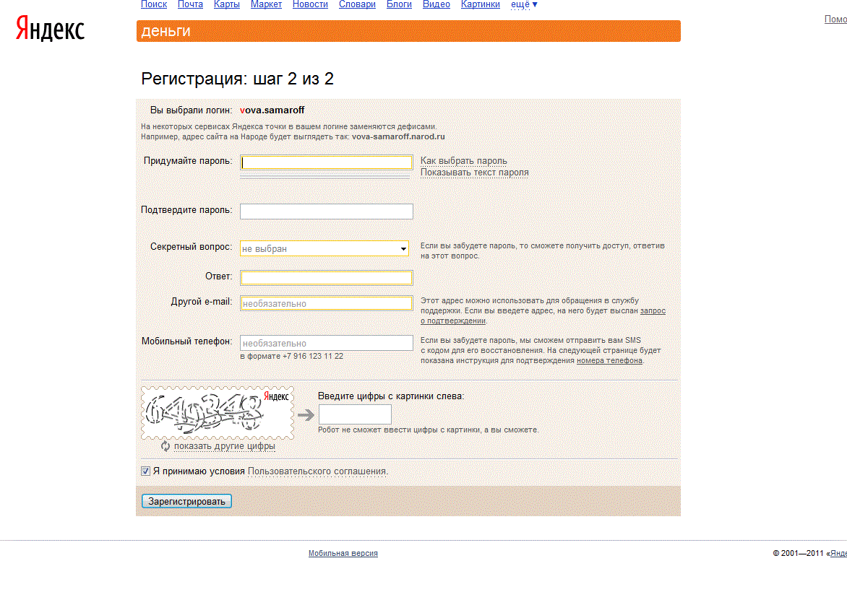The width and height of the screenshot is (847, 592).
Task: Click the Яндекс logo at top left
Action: (x=51, y=29)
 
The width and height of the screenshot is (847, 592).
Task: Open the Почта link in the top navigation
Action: (x=190, y=4)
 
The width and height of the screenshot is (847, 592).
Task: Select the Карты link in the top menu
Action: (x=227, y=4)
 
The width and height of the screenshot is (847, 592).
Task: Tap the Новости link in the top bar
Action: (x=310, y=4)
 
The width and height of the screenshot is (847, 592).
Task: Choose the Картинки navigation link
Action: (x=480, y=4)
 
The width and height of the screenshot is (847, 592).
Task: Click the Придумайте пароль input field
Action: (x=327, y=162)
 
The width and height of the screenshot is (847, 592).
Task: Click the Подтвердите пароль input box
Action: (x=327, y=212)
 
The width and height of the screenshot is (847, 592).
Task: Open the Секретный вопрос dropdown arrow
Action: (x=403, y=249)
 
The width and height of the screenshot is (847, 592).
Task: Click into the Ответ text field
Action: (x=327, y=278)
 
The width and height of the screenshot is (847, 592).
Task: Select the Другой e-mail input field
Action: (x=327, y=304)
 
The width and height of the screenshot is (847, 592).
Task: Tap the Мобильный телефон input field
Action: (x=327, y=343)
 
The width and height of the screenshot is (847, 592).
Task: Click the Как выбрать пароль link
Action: (x=464, y=161)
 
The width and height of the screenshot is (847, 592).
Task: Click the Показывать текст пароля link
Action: (x=475, y=173)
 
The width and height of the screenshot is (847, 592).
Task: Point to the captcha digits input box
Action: (x=355, y=414)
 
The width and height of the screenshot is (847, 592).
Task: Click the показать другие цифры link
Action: (x=225, y=446)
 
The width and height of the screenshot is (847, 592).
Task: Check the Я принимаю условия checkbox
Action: (x=146, y=471)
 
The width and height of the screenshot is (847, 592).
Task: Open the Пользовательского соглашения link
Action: (x=317, y=471)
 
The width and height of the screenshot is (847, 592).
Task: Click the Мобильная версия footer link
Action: (x=343, y=554)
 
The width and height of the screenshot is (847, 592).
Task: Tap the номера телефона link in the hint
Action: (x=609, y=361)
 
